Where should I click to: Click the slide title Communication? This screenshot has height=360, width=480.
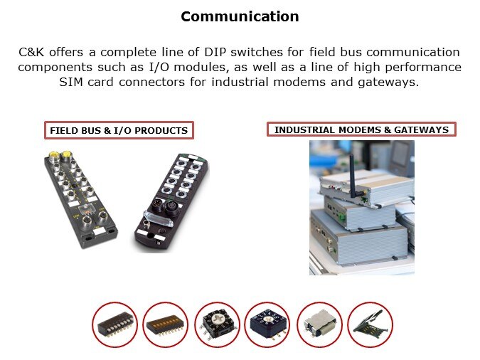point(240,16)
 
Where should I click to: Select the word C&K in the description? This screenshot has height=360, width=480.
point(31,52)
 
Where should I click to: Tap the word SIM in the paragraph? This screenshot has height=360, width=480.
point(70,82)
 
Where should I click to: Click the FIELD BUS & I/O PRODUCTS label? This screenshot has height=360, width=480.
point(119,130)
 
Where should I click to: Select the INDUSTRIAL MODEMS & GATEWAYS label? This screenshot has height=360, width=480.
point(361,129)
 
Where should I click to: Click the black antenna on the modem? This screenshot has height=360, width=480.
point(354,176)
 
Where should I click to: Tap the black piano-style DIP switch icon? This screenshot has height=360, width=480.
point(114,325)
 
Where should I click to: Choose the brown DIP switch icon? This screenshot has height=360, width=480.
point(165,325)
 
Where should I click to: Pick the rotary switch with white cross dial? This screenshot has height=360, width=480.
point(217,325)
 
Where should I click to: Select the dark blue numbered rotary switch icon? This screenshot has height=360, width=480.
point(267,325)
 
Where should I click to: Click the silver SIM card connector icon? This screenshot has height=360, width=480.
point(319,325)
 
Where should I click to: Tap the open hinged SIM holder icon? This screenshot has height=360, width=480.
point(370,325)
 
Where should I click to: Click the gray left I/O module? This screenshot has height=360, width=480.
point(80,198)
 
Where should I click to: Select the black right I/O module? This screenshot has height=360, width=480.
point(172,202)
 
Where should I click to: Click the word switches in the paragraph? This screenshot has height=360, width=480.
point(257,52)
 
